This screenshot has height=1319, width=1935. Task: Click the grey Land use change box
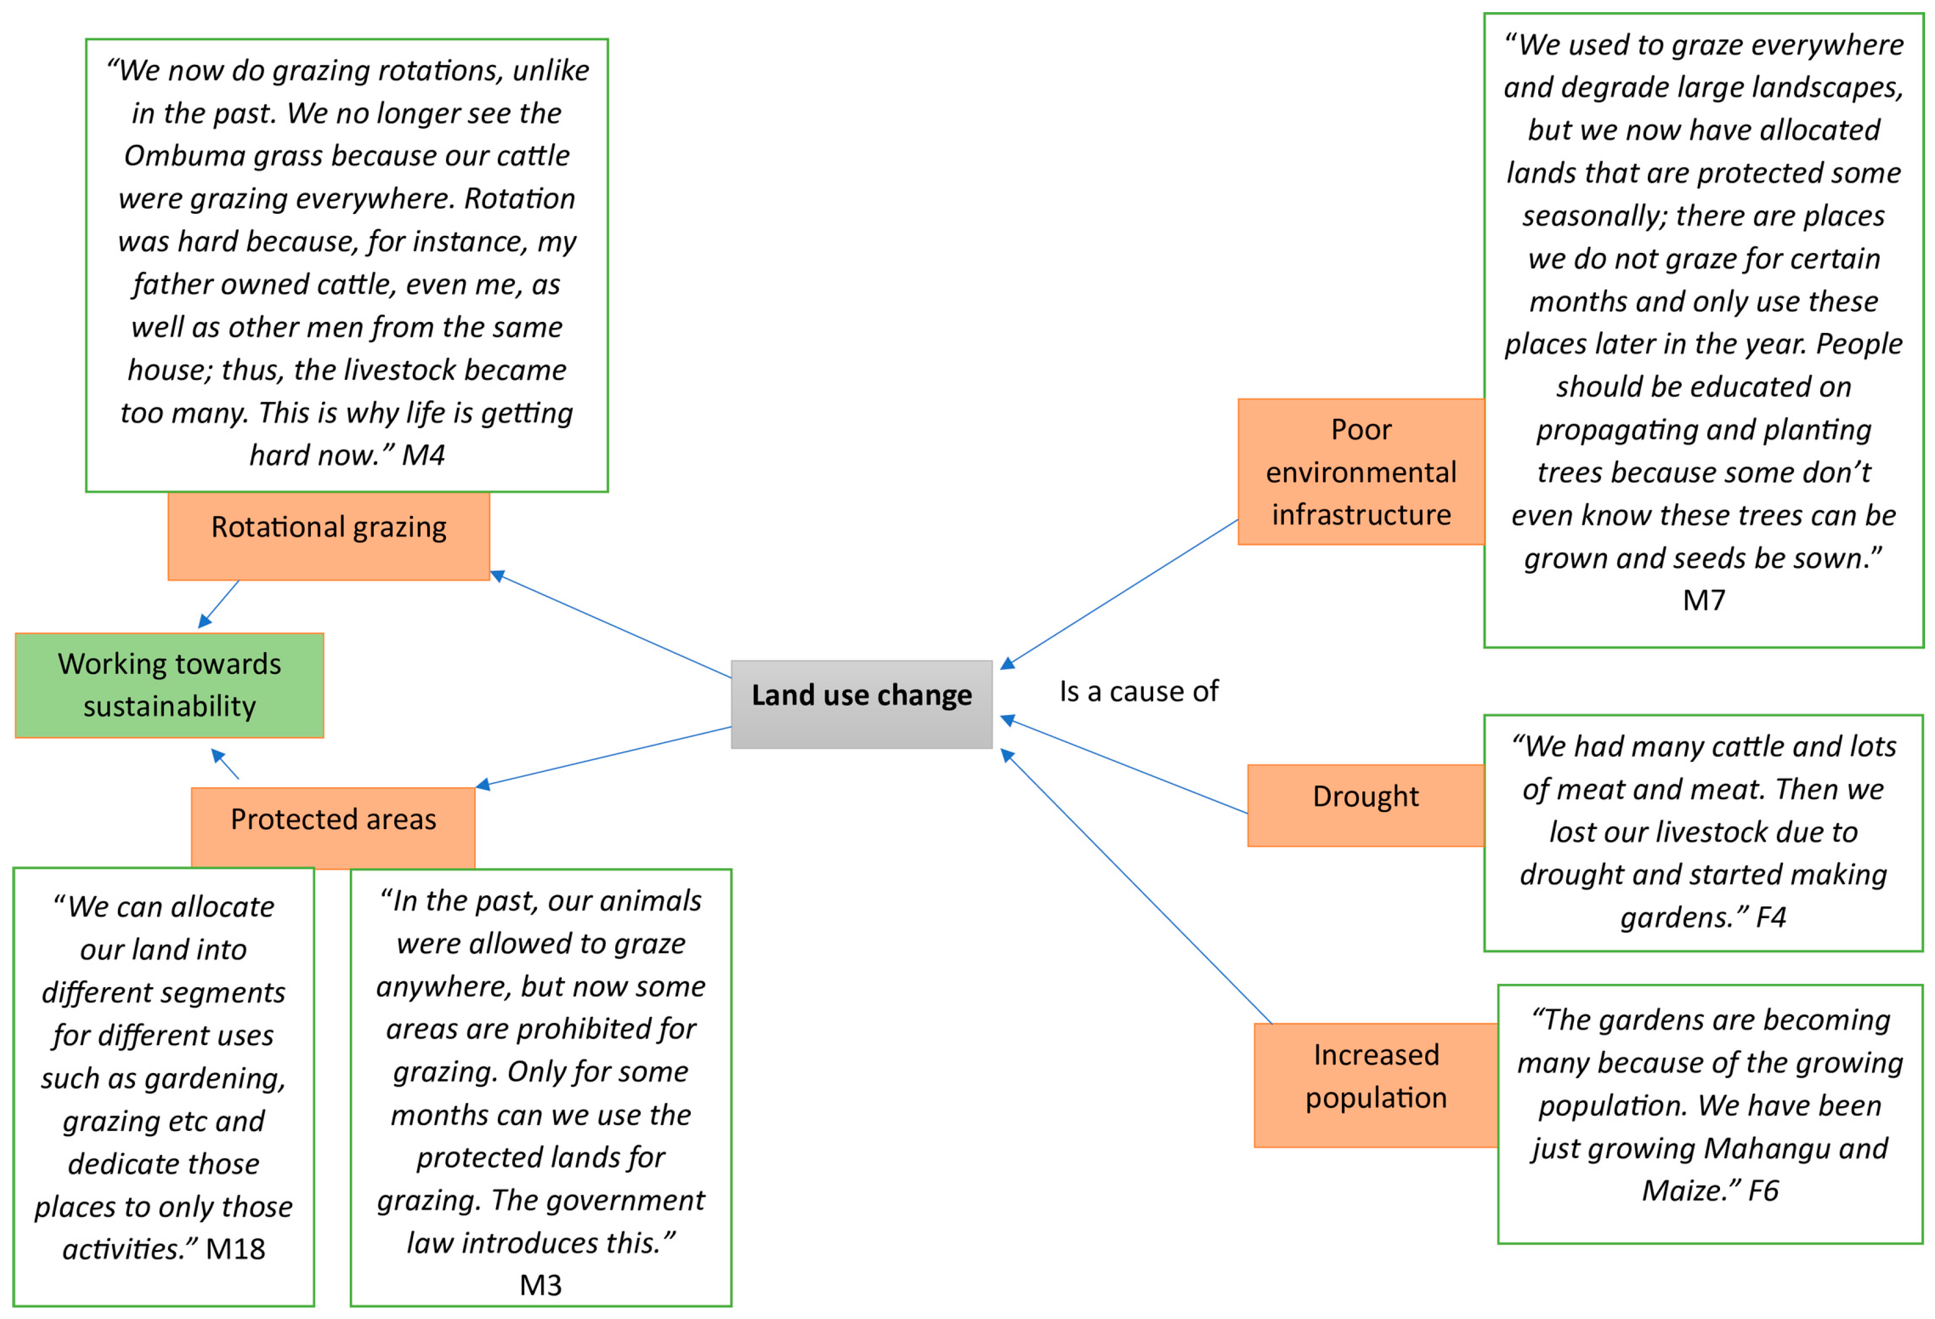pyautogui.click(x=861, y=704)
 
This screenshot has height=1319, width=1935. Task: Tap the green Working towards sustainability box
pyautogui.click(x=169, y=685)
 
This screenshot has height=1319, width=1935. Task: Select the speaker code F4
pyautogui.click(x=1770, y=917)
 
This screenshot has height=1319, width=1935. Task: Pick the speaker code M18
pyautogui.click(x=235, y=1248)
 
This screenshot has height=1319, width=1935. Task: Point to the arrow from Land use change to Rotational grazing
pyautogui.click(x=612, y=626)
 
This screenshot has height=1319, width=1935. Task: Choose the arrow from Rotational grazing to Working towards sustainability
pyautogui.click(x=218, y=604)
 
